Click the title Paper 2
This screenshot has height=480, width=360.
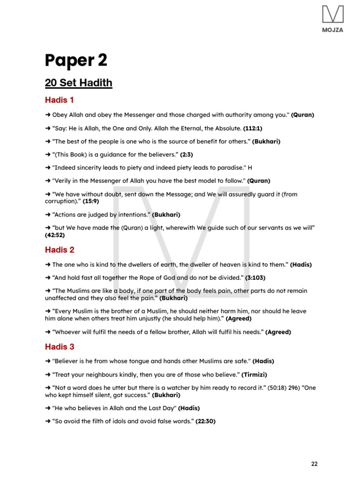tap(76, 60)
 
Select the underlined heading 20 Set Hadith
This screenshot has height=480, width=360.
tap(78, 83)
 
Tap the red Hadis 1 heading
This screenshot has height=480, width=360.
tap(60, 100)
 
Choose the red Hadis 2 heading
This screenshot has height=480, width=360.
tap(60, 250)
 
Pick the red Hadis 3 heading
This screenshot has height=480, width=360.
tap(60, 347)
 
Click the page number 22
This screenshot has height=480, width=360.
tap(314, 464)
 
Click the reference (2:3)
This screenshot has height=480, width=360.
tap(187, 154)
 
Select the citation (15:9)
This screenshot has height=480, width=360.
tap(91, 201)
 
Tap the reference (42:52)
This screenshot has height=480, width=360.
tap(55, 235)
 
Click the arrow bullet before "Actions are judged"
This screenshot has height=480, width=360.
tap(48, 214)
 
